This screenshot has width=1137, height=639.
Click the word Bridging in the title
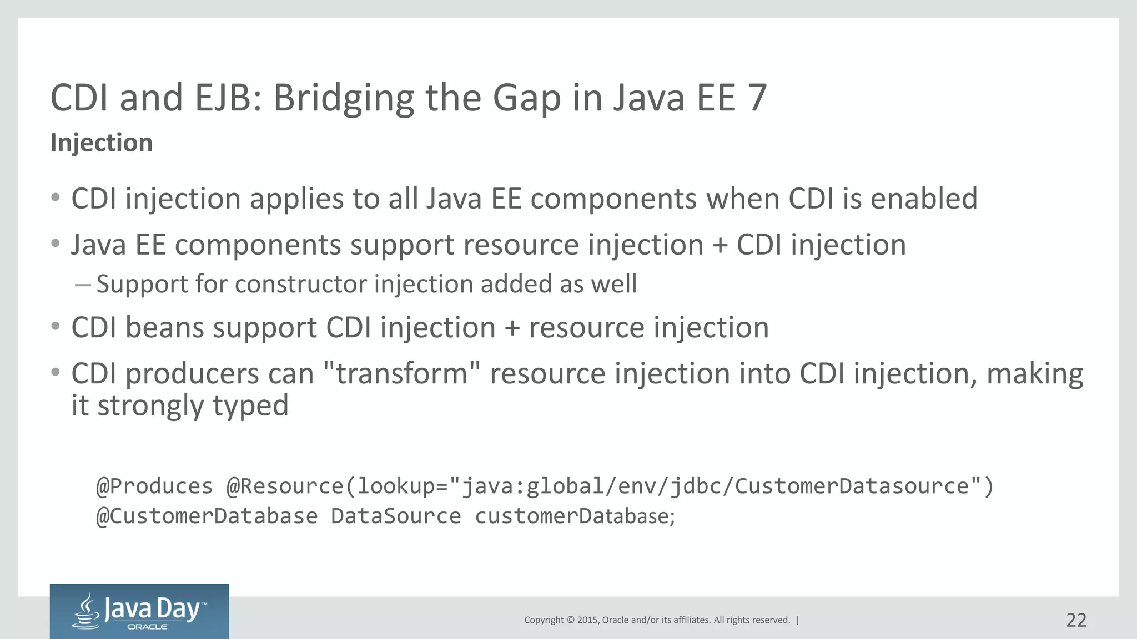344,98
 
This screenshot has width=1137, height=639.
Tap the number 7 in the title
757,98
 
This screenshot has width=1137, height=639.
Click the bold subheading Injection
101,143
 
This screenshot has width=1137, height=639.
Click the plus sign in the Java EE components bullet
720,245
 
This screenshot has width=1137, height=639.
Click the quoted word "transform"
401,373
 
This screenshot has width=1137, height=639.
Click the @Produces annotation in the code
154,486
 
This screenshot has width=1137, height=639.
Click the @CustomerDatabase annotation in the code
207,516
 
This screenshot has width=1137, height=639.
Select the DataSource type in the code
396,516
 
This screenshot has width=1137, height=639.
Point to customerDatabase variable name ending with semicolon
574,516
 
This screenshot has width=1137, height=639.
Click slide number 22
1076,620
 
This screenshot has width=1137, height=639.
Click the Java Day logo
139,611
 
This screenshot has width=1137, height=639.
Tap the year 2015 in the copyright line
587,620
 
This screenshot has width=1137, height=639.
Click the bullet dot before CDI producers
55,372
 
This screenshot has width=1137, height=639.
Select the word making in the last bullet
1034,373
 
